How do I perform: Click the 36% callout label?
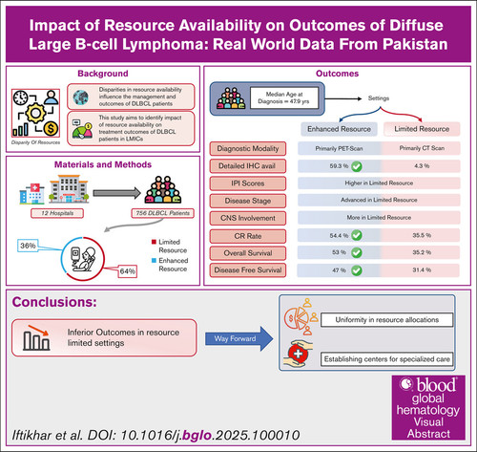pos(28,246)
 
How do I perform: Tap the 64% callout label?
pos(128,271)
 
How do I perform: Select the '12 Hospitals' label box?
pos(57,213)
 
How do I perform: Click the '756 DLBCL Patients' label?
pos(163,213)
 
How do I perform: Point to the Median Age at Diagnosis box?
pos(284,97)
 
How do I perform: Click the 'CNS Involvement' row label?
pos(248,218)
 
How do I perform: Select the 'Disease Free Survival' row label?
pos(248,270)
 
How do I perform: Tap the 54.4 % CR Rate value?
pos(339,236)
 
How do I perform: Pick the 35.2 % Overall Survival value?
pos(422,252)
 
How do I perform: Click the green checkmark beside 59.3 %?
pos(357,166)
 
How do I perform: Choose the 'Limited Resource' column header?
pos(422,129)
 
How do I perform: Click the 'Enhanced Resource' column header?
pos(339,129)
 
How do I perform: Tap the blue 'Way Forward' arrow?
pos(239,338)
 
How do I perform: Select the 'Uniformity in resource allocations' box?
pos(386,320)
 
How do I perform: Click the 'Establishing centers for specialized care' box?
pos(386,359)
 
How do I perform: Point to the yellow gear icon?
pos(35,113)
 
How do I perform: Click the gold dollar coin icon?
pos(51,129)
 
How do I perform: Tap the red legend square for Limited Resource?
pos(154,242)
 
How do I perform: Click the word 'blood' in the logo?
pos(436,385)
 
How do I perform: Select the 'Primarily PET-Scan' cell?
pos(339,148)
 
